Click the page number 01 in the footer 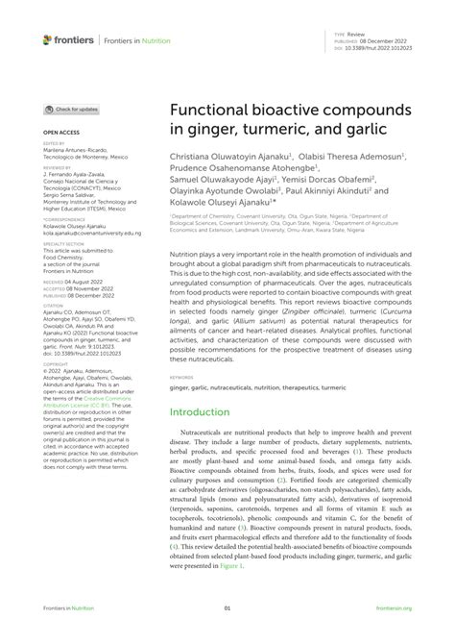(x=227, y=607)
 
